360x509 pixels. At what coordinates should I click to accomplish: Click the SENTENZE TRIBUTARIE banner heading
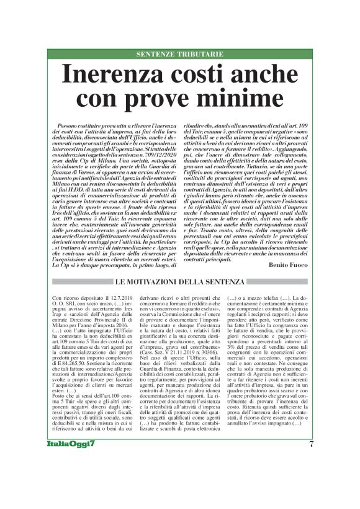[x=179, y=55]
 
